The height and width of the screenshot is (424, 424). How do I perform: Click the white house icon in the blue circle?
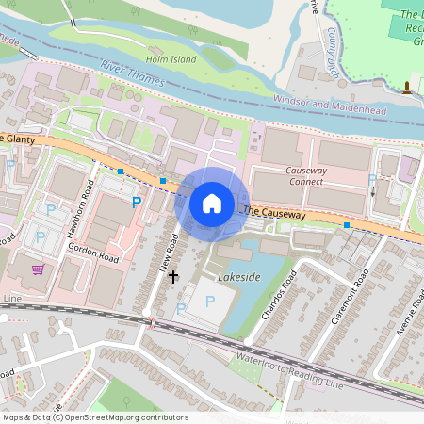pyautogui.click(x=212, y=203)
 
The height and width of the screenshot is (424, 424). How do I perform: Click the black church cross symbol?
pyautogui.click(x=172, y=276)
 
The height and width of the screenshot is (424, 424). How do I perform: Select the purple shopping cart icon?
pyautogui.click(x=38, y=269)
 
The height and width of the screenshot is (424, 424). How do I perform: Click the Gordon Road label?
pyautogui.click(x=93, y=251)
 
